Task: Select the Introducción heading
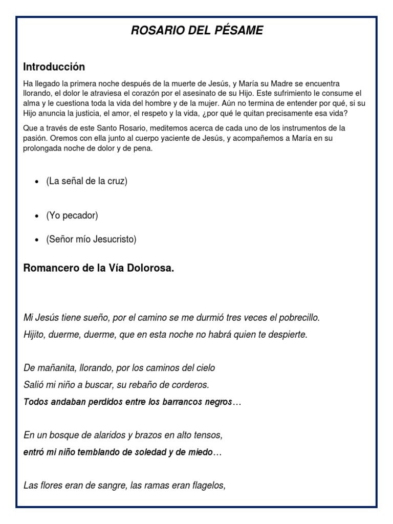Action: pyautogui.click(x=54, y=67)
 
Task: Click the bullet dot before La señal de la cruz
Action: pyautogui.click(x=37, y=182)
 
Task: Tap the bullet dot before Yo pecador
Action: pyautogui.click(x=37, y=216)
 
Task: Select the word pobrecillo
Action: pyautogui.click(x=295, y=318)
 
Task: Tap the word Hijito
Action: pyautogui.click(x=35, y=335)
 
